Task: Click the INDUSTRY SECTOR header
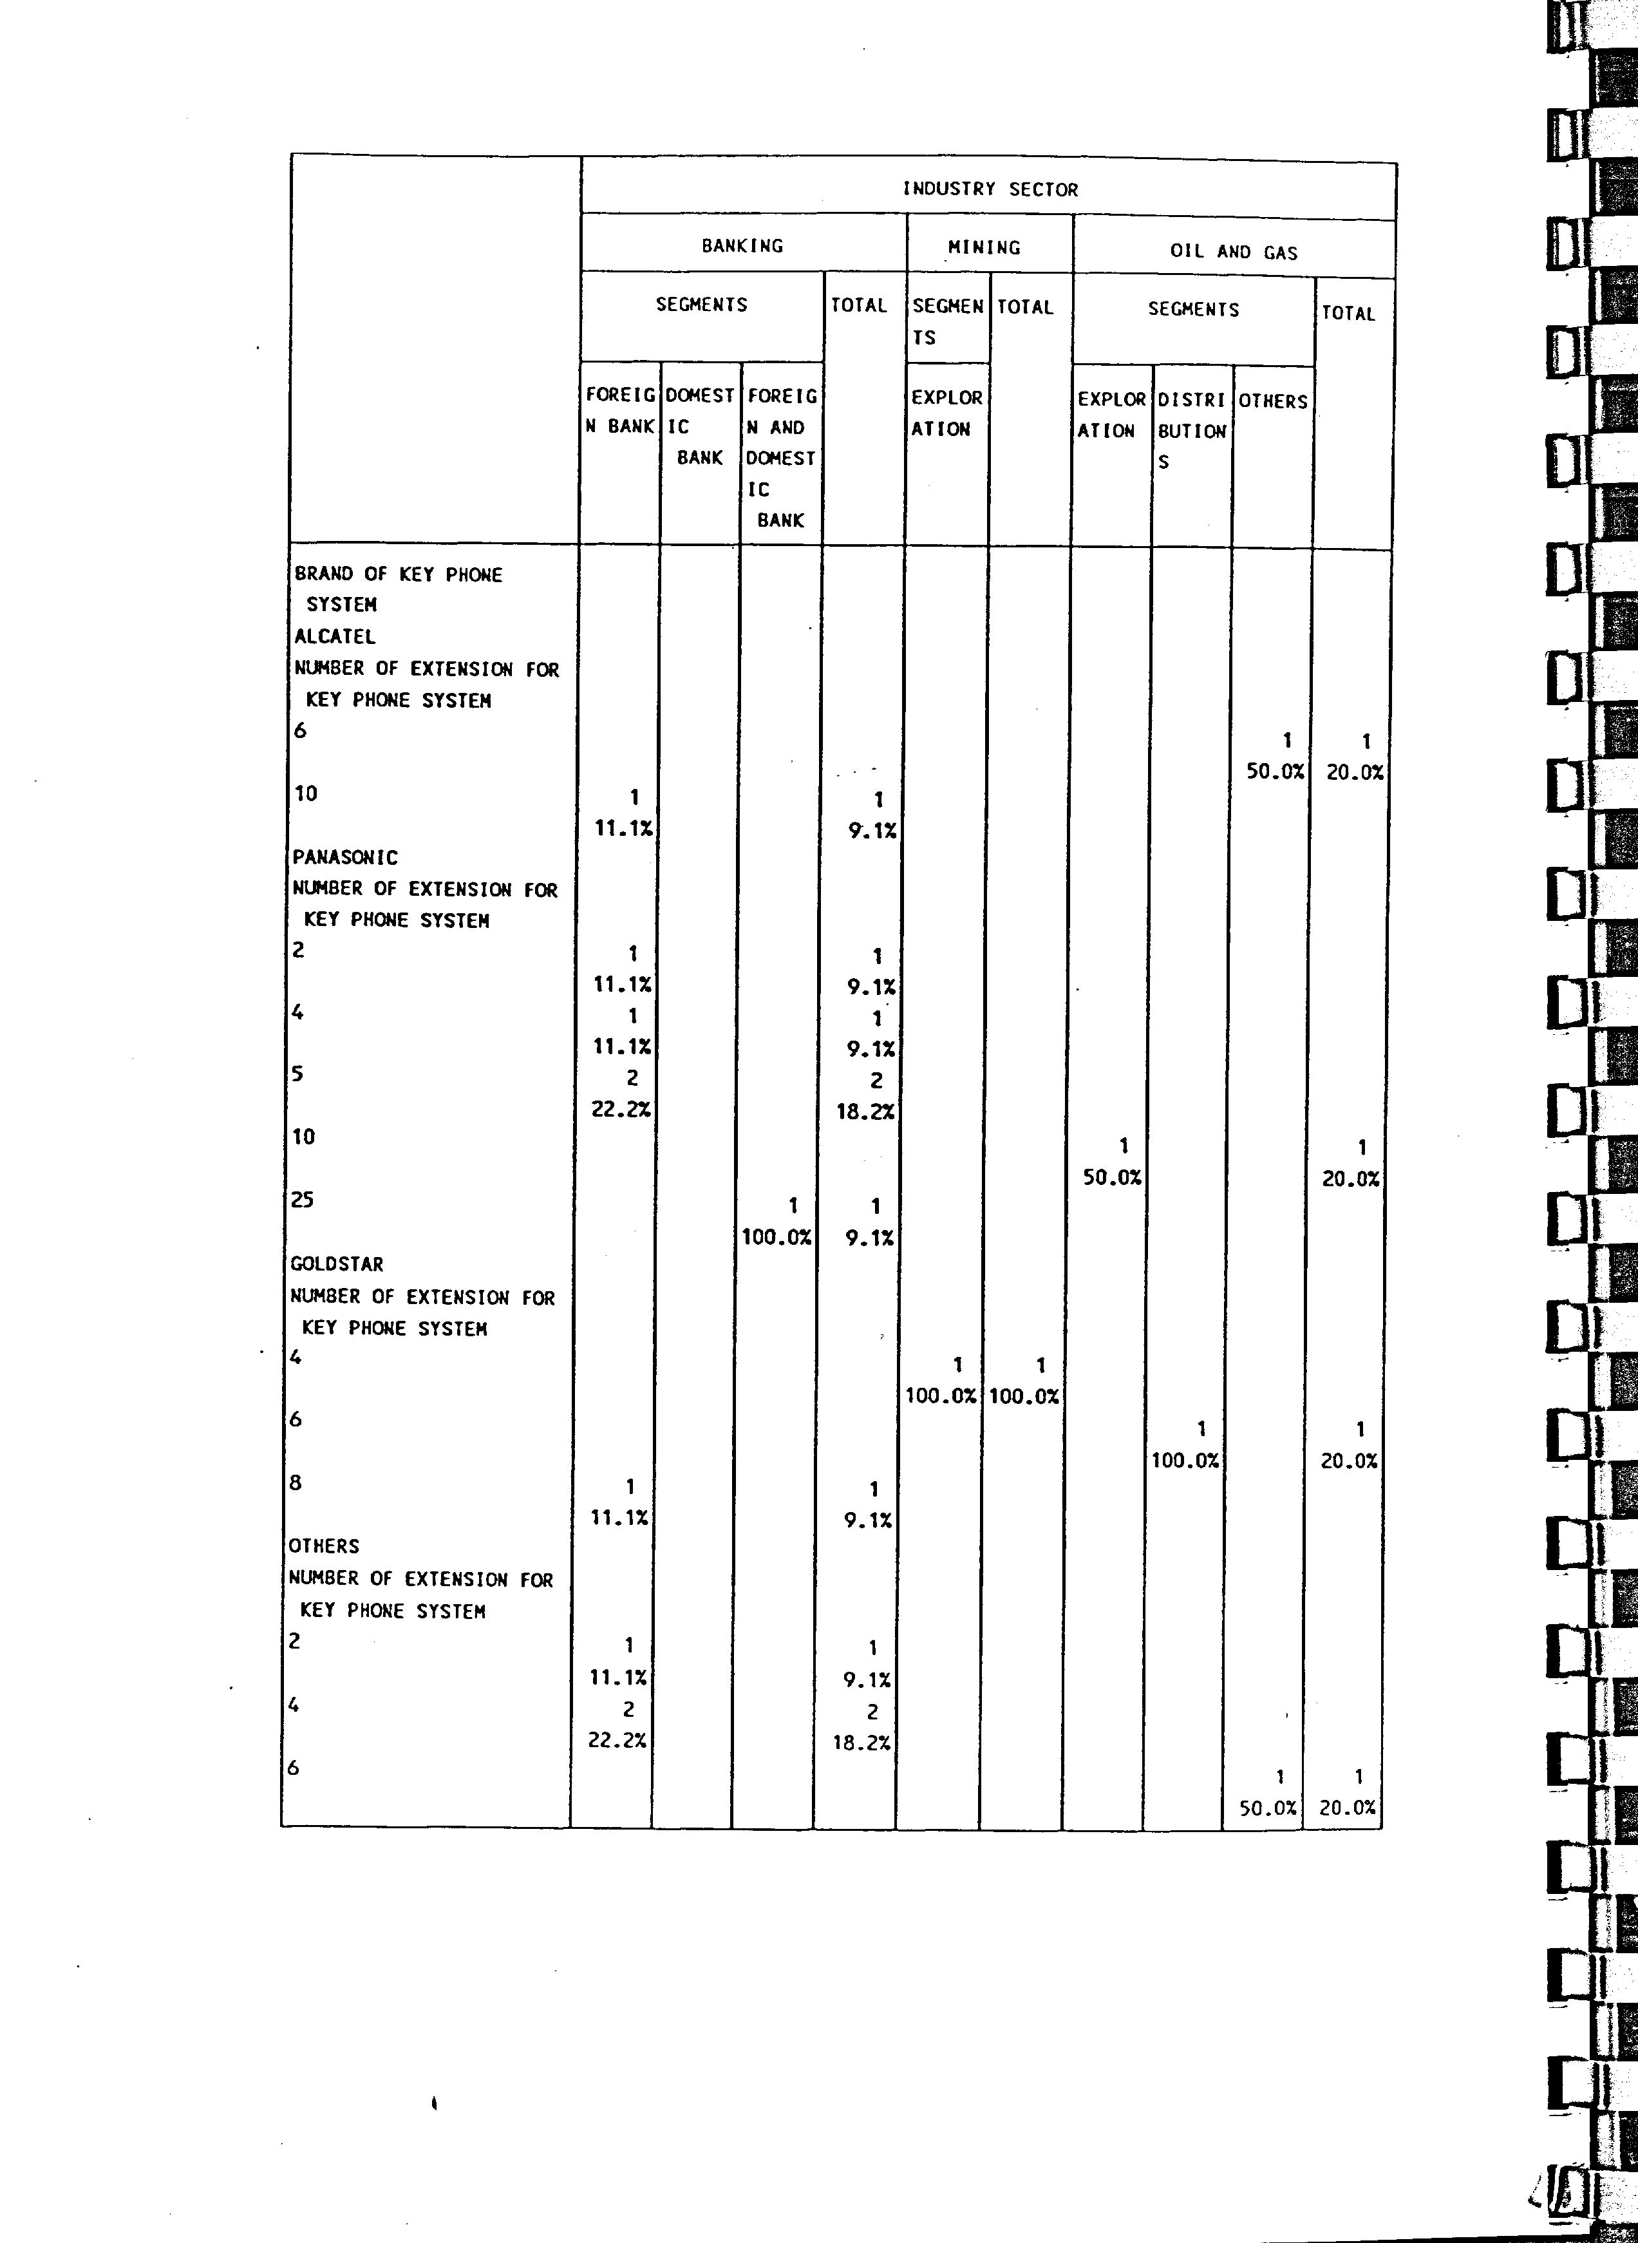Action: [990, 189]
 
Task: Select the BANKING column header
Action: [742, 245]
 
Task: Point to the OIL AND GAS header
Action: [1234, 252]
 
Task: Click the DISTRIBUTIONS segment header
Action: [1191, 430]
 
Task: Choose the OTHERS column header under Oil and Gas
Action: [1272, 401]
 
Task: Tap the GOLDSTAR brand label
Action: [336, 1264]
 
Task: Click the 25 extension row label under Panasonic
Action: [303, 1200]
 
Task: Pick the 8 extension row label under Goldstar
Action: [294, 1482]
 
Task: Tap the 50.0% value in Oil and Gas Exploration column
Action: [1111, 1178]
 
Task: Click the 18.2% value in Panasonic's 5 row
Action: [865, 1112]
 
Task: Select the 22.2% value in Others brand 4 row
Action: [617, 1740]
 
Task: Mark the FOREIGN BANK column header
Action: [619, 410]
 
